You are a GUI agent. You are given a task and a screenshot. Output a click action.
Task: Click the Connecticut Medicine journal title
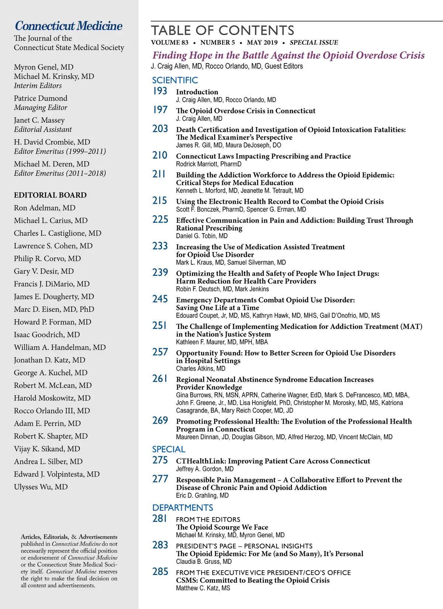click(69, 26)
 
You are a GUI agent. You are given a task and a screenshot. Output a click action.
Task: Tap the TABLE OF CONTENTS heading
click(223, 30)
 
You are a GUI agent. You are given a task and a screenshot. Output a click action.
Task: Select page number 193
click(160, 91)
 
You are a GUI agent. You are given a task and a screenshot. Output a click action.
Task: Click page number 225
click(160, 220)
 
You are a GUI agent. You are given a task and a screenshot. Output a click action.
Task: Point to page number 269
click(160, 420)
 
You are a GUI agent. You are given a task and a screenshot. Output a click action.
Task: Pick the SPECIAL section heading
click(169, 449)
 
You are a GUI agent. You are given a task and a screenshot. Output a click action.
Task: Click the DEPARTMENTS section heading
click(183, 507)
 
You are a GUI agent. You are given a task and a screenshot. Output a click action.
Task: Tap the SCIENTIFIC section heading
click(175, 80)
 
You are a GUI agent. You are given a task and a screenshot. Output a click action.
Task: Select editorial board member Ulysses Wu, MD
click(41, 487)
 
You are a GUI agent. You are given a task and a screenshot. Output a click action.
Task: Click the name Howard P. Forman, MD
click(52, 322)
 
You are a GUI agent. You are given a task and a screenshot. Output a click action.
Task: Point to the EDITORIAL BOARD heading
click(50, 195)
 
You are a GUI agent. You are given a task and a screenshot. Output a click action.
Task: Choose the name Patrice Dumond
click(41, 98)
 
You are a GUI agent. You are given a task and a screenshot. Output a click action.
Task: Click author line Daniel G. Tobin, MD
click(202, 236)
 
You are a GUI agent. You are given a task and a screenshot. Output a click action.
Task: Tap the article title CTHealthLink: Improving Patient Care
click(273, 461)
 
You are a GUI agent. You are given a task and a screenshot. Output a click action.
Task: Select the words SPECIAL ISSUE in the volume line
click(314, 42)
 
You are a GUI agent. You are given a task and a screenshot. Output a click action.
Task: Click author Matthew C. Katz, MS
click(203, 588)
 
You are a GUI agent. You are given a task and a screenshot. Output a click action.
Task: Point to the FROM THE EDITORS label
click(208, 519)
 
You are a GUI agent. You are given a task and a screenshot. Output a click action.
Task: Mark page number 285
click(160, 572)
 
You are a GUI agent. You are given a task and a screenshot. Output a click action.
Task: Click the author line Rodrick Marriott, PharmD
click(209, 164)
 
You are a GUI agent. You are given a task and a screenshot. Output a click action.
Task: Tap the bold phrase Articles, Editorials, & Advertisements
click(69, 537)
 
